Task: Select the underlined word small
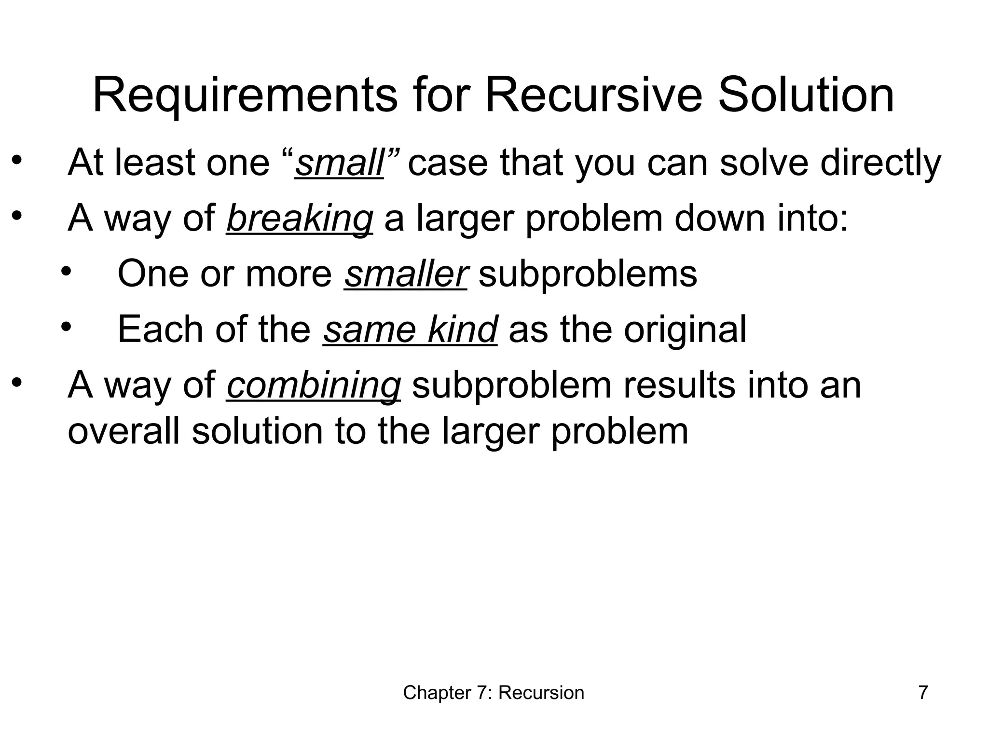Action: [339, 163]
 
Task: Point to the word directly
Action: [880, 163]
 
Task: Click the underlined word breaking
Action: [299, 219]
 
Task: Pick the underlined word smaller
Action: [405, 274]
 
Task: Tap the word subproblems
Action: [588, 274]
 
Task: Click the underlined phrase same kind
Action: [410, 329]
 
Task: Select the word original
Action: [685, 329]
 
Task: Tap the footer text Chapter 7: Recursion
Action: [494, 693]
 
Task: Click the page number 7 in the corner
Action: [923, 693]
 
